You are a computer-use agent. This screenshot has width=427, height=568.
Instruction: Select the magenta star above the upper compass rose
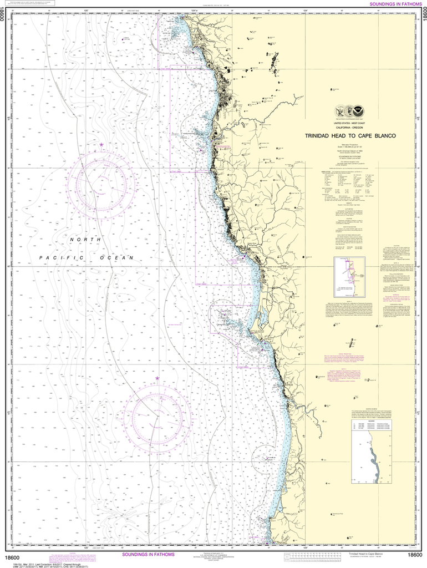(101, 145)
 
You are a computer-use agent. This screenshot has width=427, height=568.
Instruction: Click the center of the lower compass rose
(157, 413)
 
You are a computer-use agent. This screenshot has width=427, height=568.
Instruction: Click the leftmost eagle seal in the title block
(339, 110)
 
